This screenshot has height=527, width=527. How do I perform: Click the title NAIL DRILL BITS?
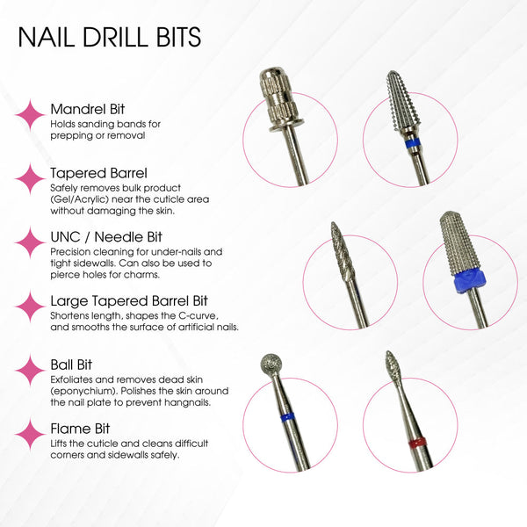[109, 38]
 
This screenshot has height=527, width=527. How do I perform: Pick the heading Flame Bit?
[78, 428]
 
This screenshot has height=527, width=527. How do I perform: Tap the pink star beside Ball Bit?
[32, 370]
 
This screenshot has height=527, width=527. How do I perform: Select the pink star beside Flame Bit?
[32, 434]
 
